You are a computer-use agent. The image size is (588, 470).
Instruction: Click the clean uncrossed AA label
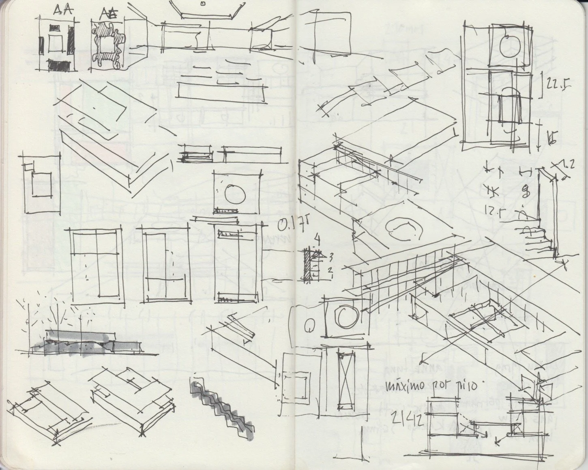(x=62, y=10)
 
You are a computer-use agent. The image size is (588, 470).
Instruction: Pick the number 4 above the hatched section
(x=317, y=240)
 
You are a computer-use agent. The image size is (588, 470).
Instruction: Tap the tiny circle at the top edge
(x=202, y=4)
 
